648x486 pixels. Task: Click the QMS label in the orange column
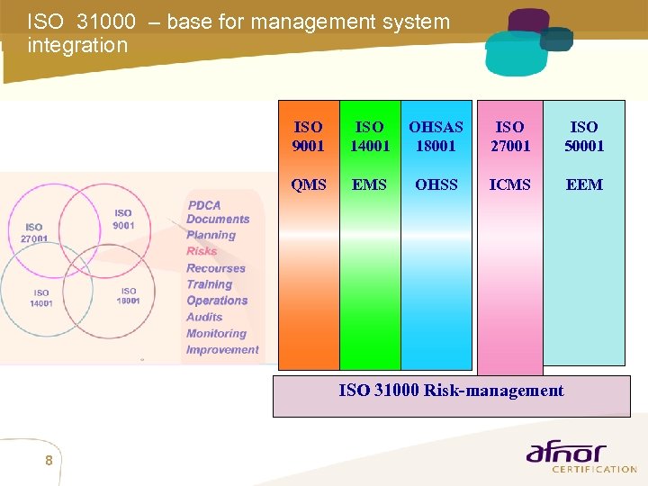pos(309,184)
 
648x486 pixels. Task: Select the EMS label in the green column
pos(369,184)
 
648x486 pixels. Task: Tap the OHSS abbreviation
pos(436,184)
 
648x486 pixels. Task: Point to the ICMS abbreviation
pos(509,184)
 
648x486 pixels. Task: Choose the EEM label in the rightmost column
pos(584,184)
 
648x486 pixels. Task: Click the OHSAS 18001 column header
pos(436,137)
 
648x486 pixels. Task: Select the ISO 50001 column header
pos(584,137)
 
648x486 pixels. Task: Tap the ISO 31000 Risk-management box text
pos(451,391)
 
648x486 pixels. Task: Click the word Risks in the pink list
pos(202,251)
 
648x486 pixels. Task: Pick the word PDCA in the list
pos(204,205)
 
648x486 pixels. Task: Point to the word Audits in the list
pos(204,317)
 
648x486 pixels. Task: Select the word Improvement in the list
pos(222,349)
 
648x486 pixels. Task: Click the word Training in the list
pos(209,284)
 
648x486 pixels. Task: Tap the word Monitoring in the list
pos(216,333)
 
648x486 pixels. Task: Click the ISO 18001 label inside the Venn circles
pos(129,296)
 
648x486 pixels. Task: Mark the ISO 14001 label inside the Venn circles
pos(41,298)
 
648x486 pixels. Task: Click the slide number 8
pos(49,461)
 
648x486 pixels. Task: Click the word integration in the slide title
pos(78,45)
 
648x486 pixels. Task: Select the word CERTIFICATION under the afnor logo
pos(593,469)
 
